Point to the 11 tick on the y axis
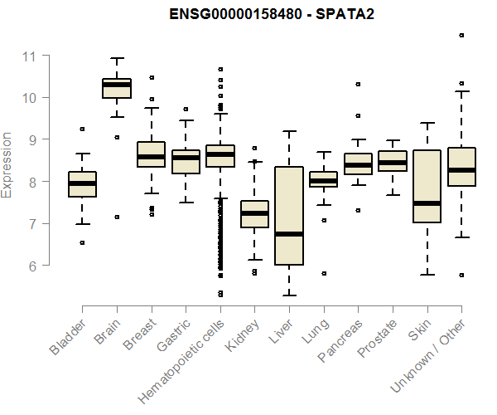31,56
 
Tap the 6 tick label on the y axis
31,266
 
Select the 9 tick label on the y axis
31,139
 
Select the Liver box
289,216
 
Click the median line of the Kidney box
254,213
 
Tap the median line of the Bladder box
82,183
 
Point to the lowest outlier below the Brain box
117,217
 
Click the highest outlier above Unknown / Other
461,36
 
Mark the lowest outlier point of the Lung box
324,273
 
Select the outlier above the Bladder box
82,129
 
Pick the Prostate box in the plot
393,160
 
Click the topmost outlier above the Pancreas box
358,84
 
